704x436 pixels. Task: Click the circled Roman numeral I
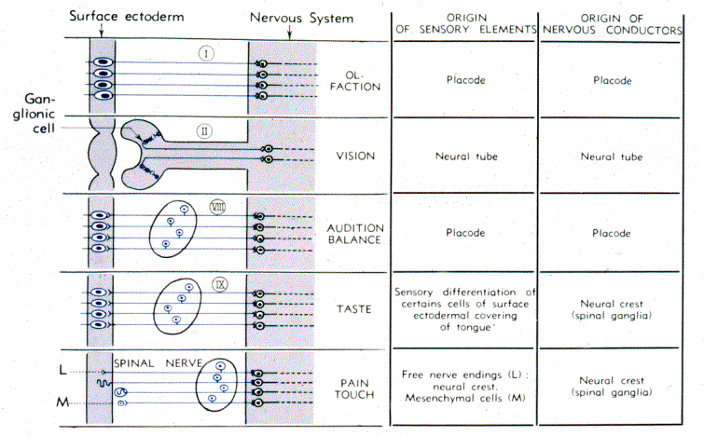[206, 54]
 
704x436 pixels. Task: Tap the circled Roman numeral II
[204, 131]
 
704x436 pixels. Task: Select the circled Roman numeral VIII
[218, 207]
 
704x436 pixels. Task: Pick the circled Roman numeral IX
[220, 284]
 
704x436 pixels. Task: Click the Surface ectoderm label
[127, 17]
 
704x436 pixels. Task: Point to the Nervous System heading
[302, 19]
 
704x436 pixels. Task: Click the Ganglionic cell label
[35, 114]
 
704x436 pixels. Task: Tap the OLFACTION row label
[354, 81]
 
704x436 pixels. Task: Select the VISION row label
[355, 157]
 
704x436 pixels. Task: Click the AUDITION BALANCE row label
[354, 234]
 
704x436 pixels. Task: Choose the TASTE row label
[354, 309]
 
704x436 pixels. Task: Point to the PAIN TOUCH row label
[354, 388]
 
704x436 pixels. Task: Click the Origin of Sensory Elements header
[466, 24]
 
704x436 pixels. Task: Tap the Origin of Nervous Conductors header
[613, 24]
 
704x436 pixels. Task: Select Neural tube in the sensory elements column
[466, 157]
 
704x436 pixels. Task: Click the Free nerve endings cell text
[465, 387]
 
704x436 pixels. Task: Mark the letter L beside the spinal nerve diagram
[62, 370]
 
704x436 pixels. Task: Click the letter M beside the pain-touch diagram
[62, 402]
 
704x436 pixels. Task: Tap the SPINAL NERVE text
[158, 363]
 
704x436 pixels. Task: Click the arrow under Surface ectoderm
[102, 30]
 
